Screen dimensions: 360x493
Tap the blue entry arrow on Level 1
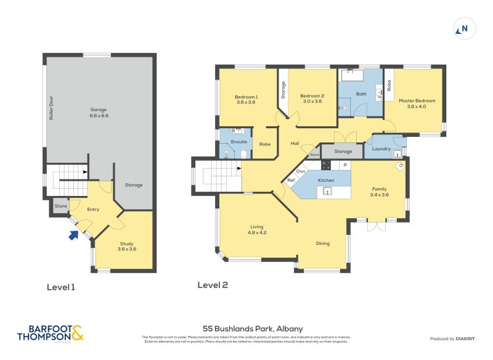click(74, 234)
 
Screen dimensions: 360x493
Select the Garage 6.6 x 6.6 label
click(99, 113)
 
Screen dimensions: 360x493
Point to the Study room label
click(126, 246)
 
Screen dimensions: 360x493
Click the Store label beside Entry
click(60, 206)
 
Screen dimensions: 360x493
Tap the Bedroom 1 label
click(246, 99)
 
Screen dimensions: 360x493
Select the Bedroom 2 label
click(312, 99)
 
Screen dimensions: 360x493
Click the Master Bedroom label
click(417, 104)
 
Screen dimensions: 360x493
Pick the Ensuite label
click(238, 142)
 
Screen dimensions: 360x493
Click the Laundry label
click(381, 149)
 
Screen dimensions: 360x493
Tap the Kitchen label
click(325, 180)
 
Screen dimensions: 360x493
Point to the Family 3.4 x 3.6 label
click(380, 191)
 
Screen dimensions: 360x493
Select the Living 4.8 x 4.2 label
click(256, 229)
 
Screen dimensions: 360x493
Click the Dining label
click(322, 243)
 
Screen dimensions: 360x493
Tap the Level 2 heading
click(213, 285)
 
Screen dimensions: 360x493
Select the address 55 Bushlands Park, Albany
click(253, 329)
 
